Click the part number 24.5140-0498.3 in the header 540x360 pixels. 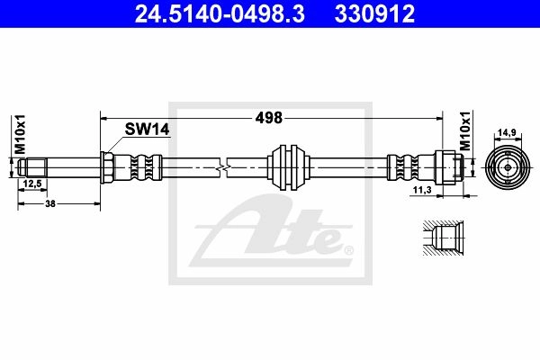tap(220, 13)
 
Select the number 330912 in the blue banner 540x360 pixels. tap(374, 13)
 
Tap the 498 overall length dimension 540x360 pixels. tap(268, 118)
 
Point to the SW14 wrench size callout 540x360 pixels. tap(147, 130)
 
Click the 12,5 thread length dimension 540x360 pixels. tap(32, 184)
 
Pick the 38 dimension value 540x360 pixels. tap(50, 203)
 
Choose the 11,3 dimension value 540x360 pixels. tap(422, 190)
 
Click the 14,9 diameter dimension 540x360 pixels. tap(508, 132)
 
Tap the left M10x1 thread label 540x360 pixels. tap(21, 134)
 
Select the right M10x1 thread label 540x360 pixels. tap(465, 130)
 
